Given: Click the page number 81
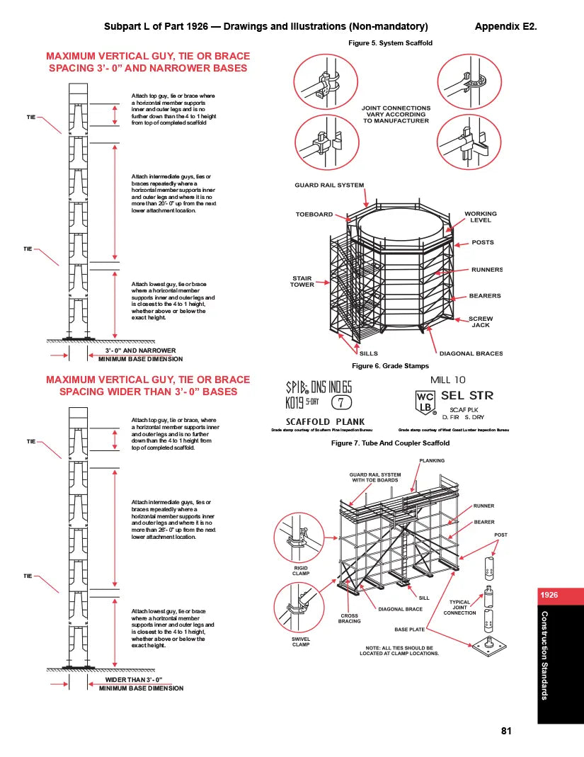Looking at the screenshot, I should [505, 732].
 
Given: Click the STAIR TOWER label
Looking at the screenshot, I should [302, 281].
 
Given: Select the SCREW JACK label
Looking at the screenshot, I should [481, 321].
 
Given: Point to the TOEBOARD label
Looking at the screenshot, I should [314, 215].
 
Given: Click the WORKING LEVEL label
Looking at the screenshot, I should [481, 217].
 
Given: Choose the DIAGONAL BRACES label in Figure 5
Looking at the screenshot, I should [471, 353].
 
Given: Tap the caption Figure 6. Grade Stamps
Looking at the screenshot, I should [390, 366].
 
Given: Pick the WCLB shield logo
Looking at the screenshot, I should [425, 402].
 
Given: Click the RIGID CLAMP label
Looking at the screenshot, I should [301, 571].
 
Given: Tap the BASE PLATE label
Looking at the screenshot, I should [409, 629].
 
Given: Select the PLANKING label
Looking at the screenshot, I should [432, 461].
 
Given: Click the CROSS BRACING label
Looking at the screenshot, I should [350, 618].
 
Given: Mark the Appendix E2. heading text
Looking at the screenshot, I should [505, 27].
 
